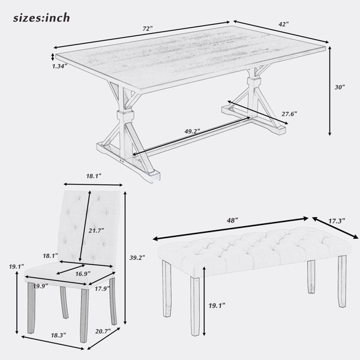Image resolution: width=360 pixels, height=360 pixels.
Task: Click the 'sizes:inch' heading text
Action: click(x=41, y=18)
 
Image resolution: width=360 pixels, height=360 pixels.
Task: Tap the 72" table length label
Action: click(x=148, y=29)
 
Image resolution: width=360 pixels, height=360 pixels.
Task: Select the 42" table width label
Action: click(x=284, y=24)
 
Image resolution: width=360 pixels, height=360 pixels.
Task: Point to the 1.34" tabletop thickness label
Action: click(x=59, y=67)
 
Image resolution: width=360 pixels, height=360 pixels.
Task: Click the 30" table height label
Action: click(x=340, y=87)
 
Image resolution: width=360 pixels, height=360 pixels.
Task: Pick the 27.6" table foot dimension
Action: click(x=289, y=113)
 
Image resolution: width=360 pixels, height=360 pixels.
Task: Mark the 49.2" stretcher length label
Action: click(x=193, y=131)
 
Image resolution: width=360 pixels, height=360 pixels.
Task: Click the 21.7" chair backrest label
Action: click(x=96, y=230)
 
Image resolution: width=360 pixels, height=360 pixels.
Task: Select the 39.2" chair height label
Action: click(x=137, y=257)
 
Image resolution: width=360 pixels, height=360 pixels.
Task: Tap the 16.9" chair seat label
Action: click(x=83, y=274)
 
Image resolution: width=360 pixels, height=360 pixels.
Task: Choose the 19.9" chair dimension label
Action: click(x=40, y=286)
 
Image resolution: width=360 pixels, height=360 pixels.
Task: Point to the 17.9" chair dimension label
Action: click(x=103, y=289)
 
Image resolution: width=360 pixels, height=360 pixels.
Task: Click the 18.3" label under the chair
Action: click(x=58, y=335)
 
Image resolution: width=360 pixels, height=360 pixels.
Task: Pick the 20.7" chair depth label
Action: click(x=103, y=331)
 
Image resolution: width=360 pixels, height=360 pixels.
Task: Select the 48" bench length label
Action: click(x=232, y=220)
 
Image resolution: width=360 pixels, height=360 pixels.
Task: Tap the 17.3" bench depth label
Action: click(x=337, y=221)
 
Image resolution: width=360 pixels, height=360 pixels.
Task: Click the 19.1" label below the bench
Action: click(x=217, y=305)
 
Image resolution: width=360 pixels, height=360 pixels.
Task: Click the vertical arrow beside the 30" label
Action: click(x=329, y=91)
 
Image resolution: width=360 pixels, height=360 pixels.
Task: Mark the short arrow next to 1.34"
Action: click(x=53, y=57)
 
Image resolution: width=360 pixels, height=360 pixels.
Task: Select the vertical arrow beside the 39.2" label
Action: click(x=125, y=258)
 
